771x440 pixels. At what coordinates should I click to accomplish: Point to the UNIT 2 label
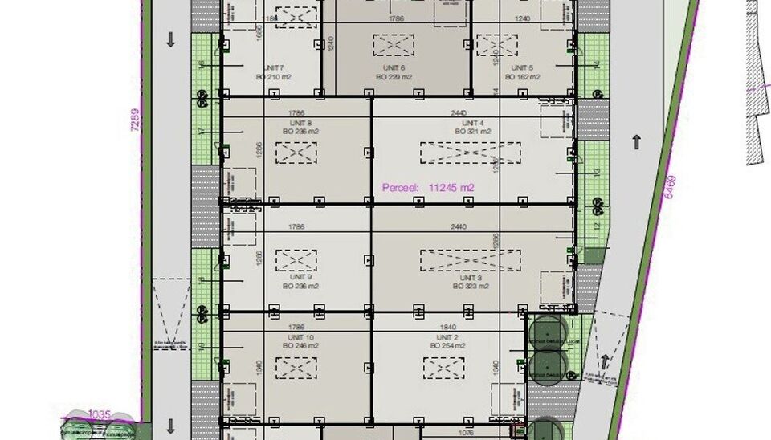tap(447, 337)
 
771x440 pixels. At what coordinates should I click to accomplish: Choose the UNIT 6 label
tap(393, 68)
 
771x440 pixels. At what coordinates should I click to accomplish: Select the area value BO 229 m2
tap(393, 77)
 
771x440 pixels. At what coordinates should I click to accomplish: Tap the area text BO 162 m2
tap(522, 77)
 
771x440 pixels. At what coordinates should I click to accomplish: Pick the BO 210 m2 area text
tap(274, 77)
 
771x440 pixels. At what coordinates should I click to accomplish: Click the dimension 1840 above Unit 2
tap(447, 327)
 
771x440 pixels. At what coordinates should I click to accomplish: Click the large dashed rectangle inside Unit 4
tap(470, 153)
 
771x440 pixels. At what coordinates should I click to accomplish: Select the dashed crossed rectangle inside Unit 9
tap(296, 260)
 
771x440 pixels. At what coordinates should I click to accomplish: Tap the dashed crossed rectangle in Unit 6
tap(393, 45)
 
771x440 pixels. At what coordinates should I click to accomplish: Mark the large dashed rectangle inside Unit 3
tap(470, 260)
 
